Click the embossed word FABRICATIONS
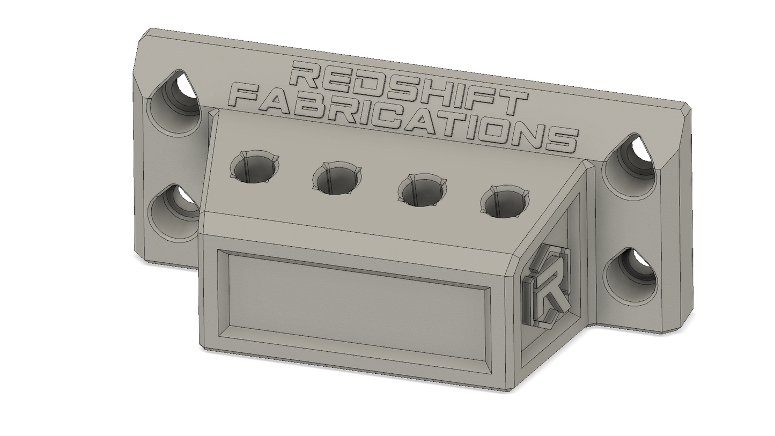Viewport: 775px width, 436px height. [403, 120]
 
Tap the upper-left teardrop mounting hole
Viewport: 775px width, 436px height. [174, 101]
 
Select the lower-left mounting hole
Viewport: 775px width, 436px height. [173, 213]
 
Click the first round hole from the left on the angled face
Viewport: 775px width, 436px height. [255, 167]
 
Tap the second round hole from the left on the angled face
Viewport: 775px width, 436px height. [337, 178]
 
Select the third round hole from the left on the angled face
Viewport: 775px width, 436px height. [422, 190]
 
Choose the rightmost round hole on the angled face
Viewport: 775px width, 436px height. [505, 202]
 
